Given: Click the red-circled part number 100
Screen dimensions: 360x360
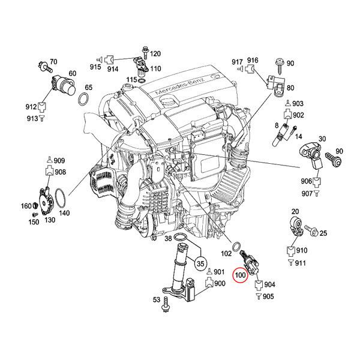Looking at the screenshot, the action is tap(240, 275).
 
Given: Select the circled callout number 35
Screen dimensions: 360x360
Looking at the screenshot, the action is tap(200, 263).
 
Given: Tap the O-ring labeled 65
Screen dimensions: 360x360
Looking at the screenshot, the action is tap(83, 99).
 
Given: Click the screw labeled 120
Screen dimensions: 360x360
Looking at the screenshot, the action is tap(145, 53).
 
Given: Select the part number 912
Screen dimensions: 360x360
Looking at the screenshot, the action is tap(31, 107).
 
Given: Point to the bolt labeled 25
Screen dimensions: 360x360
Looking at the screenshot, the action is tap(311, 230).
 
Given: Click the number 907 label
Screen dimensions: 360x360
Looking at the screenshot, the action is tap(307, 194).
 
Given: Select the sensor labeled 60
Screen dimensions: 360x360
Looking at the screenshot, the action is tap(64, 85).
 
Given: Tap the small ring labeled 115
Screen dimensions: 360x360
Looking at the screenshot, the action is tap(142, 80).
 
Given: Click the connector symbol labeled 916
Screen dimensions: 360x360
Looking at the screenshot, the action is tap(250, 68).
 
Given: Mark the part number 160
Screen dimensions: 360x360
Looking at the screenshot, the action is tap(26, 206).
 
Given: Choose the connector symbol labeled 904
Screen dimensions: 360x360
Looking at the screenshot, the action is tap(259, 284).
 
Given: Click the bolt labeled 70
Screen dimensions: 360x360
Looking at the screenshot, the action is tap(45, 67).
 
